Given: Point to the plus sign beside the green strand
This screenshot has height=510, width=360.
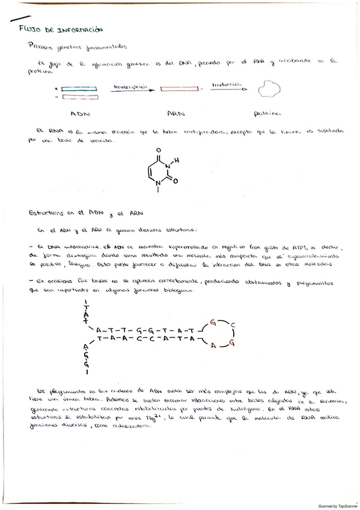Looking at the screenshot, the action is pyautogui.click(x=56, y=88).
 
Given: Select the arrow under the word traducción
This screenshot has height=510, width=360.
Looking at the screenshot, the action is pyautogui.click(x=227, y=91).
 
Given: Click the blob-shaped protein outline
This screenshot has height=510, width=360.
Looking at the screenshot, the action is pyautogui.click(x=269, y=91).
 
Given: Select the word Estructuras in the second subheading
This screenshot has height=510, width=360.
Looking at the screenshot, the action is pyautogui.click(x=47, y=213).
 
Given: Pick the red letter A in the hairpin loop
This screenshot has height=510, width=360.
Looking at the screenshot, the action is pyautogui.click(x=213, y=345).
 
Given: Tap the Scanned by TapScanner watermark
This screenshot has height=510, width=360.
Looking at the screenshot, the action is pyautogui.click(x=338, y=506).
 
